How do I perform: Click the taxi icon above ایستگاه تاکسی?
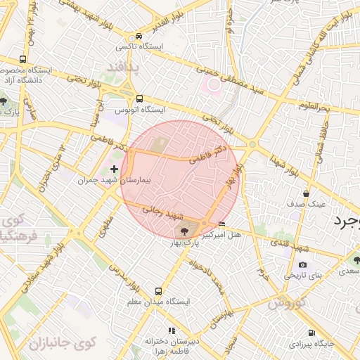coord(139,35)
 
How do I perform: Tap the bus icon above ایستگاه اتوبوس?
coord(139,99)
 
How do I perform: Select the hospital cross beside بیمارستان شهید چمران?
coord(115,169)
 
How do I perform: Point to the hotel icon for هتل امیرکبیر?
coord(223,224)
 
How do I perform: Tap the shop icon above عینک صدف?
coord(306,193)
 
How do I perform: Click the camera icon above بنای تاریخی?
coord(303,265)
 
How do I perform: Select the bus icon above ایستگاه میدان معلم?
coord(158,290)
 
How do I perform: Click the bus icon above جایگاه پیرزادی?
coord(307,333)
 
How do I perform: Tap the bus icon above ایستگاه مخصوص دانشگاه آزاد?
coord(23,60)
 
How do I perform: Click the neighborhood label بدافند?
coord(124,67)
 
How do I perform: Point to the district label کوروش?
coord(285,303)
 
